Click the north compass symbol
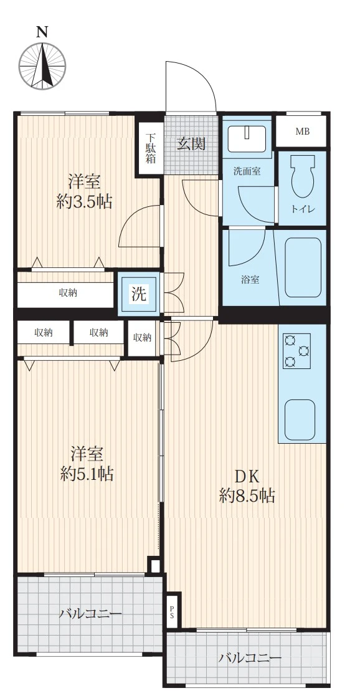42,66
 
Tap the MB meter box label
303,131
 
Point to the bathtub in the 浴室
303,267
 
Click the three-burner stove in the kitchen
296,351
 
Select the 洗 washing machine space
139,294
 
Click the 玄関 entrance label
191,143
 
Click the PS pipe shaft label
172,611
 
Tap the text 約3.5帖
84,202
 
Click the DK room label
246,476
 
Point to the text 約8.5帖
247,496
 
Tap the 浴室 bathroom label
250,279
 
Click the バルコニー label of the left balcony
90,614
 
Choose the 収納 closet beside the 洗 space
142,338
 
